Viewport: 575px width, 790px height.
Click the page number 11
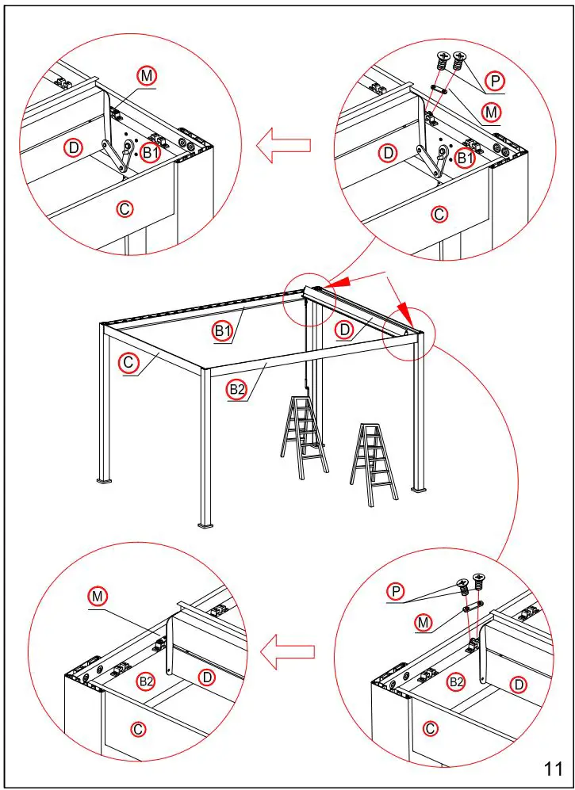[553, 768]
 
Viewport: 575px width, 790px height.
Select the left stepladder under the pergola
[303, 437]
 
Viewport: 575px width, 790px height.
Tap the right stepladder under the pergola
[372, 464]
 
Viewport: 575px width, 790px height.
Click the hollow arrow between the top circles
[283, 145]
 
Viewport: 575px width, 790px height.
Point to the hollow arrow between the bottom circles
[288, 651]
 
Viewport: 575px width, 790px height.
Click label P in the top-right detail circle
[496, 81]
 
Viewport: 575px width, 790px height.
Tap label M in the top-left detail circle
[147, 75]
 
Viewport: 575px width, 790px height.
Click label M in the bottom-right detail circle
[424, 623]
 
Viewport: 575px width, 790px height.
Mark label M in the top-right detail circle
[492, 113]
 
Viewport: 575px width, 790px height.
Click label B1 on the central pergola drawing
[223, 331]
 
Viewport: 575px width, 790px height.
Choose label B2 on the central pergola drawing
[236, 388]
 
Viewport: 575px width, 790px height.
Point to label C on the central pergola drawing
[128, 363]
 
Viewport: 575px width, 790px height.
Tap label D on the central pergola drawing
[344, 330]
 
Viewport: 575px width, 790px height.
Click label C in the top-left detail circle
[125, 209]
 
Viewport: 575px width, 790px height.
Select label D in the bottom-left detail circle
[206, 677]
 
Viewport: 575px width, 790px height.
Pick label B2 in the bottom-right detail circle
[455, 681]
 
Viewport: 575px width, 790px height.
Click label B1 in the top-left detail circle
[150, 153]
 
